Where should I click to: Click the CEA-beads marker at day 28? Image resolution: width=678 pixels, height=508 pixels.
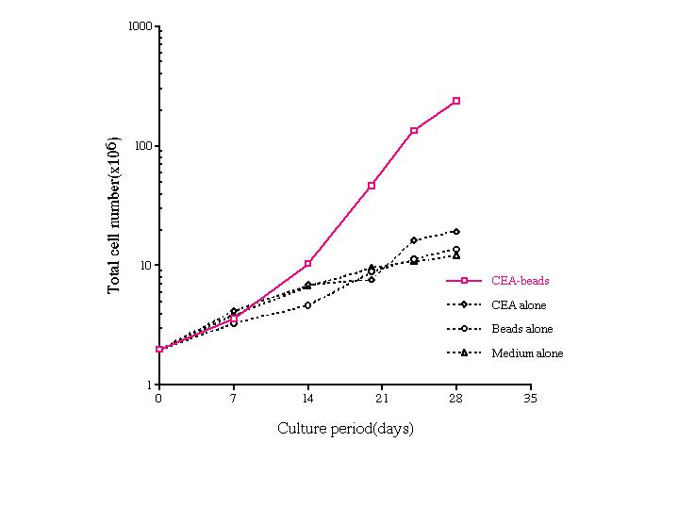[456, 101]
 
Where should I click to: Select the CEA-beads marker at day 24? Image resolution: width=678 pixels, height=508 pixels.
[414, 130]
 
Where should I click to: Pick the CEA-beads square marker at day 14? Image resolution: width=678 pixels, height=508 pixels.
[307, 264]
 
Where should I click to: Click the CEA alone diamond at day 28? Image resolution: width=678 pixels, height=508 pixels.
[456, 231]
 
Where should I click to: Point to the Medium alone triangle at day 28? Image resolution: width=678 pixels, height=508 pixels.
[456, 255]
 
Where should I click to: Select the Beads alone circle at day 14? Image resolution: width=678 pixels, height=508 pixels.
[307, 305]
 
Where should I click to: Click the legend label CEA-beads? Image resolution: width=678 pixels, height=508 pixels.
[520, 281]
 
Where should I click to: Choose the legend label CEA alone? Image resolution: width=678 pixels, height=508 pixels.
[519, 305]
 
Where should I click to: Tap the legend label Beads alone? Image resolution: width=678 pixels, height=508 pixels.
[521, 329]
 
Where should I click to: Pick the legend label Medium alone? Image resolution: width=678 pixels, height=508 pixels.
[527, 353]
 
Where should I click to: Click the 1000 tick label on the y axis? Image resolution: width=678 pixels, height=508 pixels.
[140, 26]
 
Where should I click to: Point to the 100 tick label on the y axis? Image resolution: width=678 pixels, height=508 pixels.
[142, 147]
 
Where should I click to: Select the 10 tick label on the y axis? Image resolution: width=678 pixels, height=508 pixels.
[145, 267]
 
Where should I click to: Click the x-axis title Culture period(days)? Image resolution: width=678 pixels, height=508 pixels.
[345, 429]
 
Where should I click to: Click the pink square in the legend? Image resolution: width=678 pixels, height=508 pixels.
[465, 281]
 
